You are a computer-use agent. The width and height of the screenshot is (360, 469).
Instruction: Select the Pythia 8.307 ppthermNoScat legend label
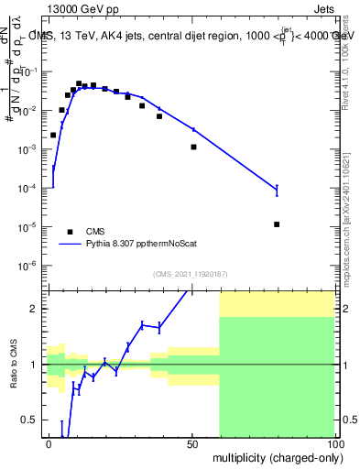click(x=136, y=245)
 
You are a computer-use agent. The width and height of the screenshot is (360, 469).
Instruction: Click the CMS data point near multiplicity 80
click(x=277, y=224)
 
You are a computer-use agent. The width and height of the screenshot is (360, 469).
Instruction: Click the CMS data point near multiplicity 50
click(x=193, y=147)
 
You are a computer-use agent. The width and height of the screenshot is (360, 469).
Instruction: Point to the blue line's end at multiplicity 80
click(x=277, y=191)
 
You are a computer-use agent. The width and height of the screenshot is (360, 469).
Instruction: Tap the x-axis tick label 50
click(x=191, y=442)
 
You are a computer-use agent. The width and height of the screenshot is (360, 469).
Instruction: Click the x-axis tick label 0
click(x=49, y=442)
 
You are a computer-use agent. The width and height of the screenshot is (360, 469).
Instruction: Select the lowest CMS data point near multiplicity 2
click(x=53, y=135)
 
